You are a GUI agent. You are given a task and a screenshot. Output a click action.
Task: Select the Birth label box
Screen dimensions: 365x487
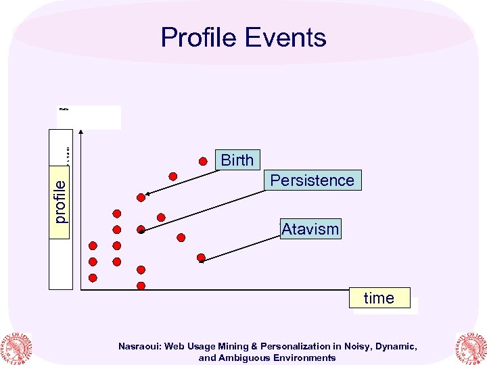237,160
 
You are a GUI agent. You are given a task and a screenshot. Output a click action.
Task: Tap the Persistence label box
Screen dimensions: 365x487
312,180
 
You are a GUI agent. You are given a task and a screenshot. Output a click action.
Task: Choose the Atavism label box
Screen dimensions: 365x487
310,229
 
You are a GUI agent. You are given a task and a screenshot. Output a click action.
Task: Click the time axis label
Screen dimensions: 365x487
379,298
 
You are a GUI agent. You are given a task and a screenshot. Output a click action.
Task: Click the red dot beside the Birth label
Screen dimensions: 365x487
203,161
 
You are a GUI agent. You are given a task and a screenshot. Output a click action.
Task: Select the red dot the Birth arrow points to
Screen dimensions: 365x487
141,197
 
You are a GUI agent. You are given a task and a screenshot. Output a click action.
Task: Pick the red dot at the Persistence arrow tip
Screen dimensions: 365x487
141,230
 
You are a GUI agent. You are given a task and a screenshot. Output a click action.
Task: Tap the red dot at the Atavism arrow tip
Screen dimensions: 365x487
201,258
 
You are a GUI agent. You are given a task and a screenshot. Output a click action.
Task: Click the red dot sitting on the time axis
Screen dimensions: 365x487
141,286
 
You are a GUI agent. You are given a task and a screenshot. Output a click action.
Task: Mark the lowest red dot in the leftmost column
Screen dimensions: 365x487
93,277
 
